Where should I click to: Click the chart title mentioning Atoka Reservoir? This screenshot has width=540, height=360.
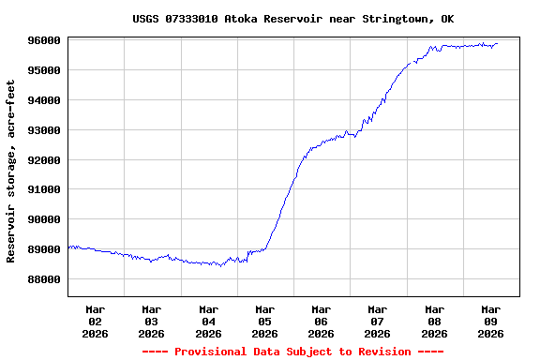tap(293, 19)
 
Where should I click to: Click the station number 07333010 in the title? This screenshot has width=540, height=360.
tap(192, 19)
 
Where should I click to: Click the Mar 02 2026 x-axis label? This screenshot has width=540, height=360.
tap(96, 321)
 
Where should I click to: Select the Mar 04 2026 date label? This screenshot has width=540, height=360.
tap(208, 321)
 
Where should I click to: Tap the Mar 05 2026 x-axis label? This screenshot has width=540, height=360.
tap(264, 321)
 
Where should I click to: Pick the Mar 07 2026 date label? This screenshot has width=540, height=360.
tap(378, 321)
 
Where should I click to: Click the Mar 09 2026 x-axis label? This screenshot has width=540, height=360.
tap(491, 321)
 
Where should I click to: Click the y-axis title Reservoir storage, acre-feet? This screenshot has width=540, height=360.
tap(12, 171)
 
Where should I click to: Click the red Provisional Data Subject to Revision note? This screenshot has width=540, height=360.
tap(293, 352)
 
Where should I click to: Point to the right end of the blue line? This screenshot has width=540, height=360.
tap(497, 43)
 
